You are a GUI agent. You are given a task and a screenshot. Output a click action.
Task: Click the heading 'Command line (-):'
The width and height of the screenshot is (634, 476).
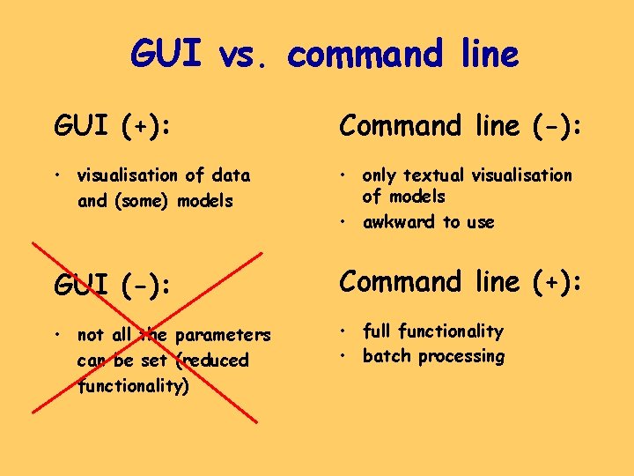[461, 127]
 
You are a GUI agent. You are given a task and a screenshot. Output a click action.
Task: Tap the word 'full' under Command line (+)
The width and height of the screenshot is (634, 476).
[377, 331]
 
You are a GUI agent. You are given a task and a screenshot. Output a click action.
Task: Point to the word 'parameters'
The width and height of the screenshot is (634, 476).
[224, 335]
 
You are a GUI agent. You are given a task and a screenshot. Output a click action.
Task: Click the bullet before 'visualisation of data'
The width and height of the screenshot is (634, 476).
[57, 175]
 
